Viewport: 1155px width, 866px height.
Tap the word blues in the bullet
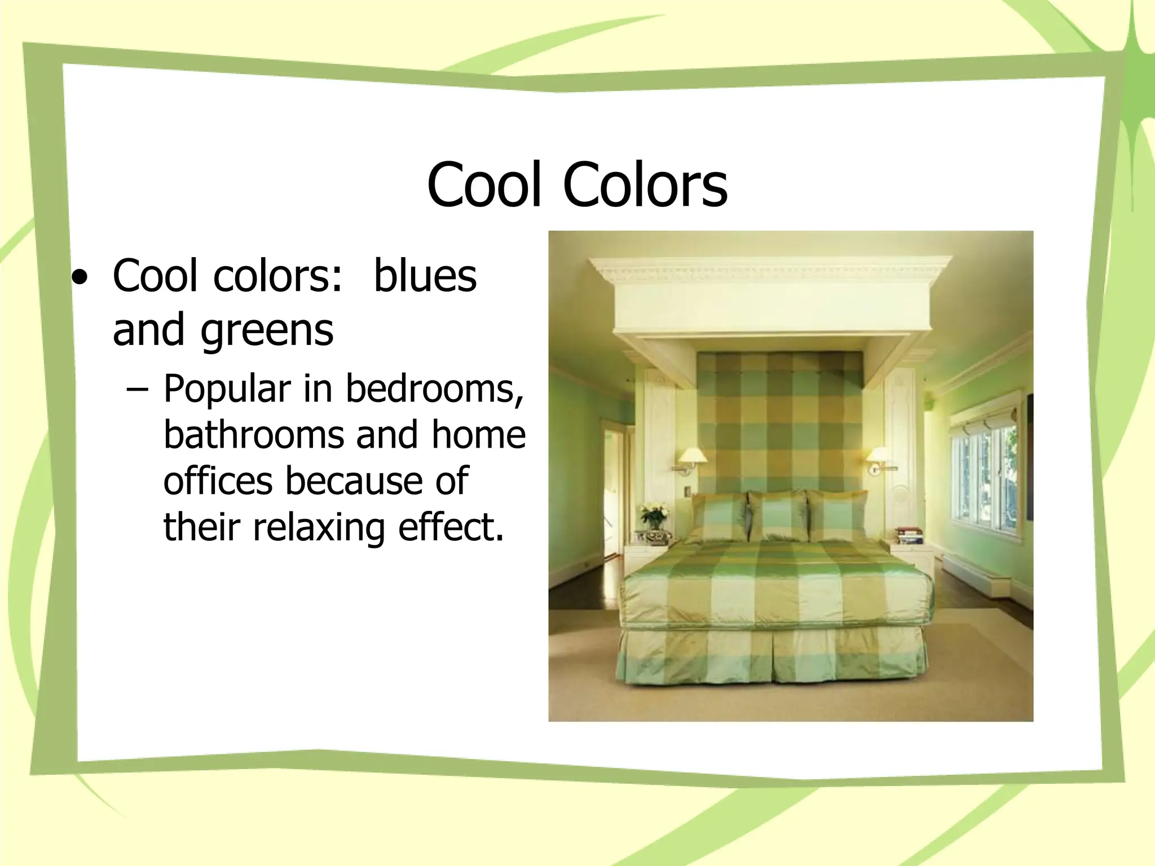click(x=425, y=276)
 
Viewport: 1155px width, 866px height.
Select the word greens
click(x=267, y=330)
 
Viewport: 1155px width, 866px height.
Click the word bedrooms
click(x=435, y=388)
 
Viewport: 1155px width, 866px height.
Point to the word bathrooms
click(x=259, y=435)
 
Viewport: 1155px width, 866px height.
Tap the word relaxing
click(x=319, y=527)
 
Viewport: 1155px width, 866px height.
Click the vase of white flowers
click(x=654, y=519)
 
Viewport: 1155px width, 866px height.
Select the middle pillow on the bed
click(x=779, y=515)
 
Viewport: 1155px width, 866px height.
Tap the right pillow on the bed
click(x=837, y=515)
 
